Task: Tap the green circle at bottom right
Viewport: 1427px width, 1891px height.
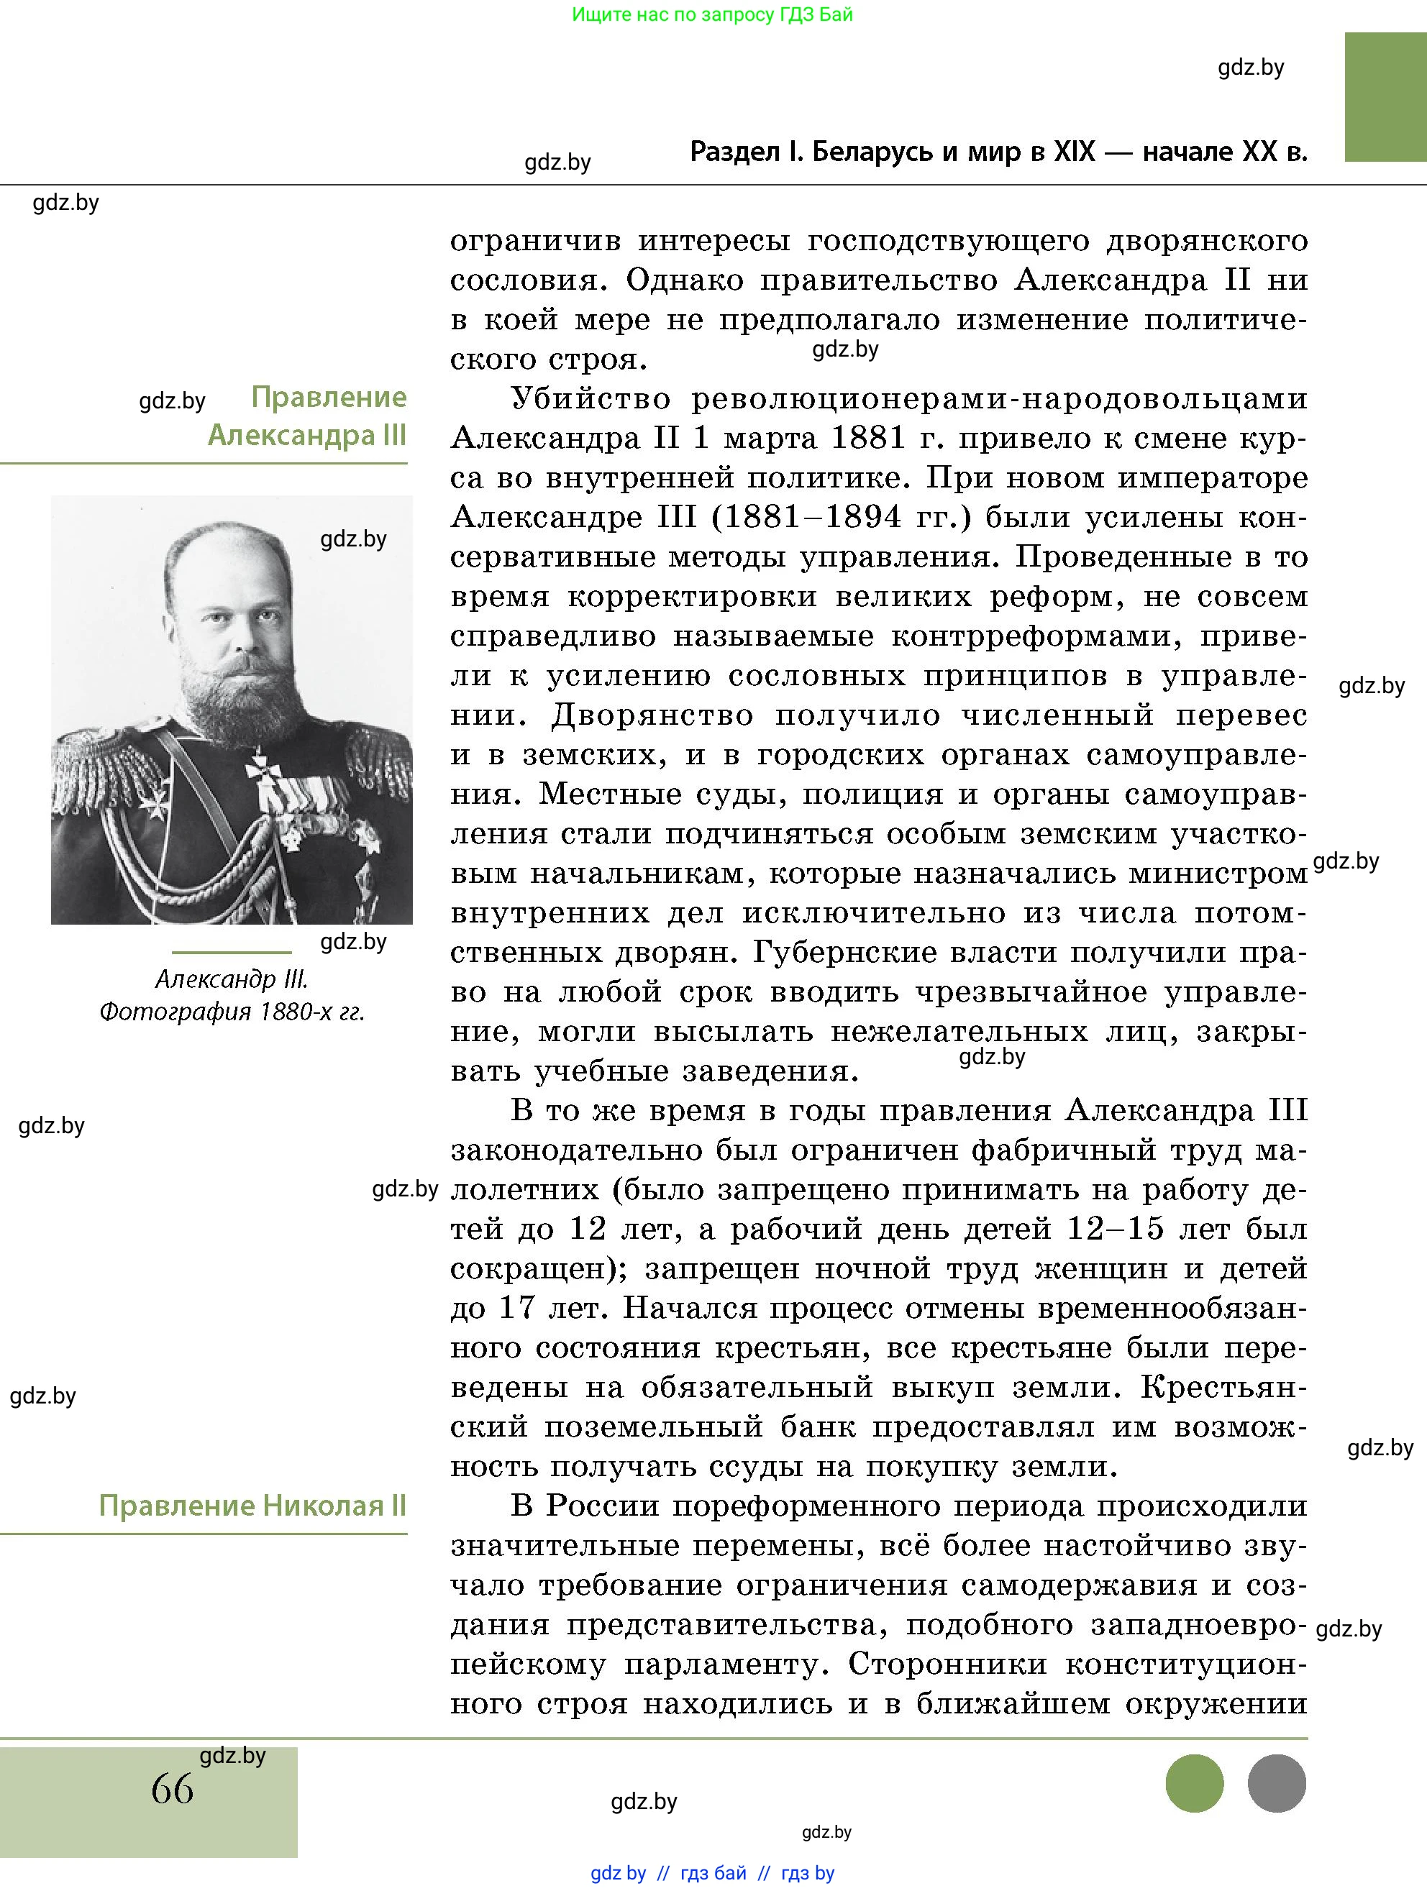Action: click(1195, 1783)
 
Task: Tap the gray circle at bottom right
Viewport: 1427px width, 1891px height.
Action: click(1277, 1783)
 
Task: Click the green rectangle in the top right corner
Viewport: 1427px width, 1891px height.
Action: click(1385, 96)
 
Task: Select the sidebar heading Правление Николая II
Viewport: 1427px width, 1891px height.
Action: click(252, 1506)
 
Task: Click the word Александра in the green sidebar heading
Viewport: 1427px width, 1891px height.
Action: click(291, 435)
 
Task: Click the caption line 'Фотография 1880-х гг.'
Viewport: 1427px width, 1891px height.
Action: click(232, 1012)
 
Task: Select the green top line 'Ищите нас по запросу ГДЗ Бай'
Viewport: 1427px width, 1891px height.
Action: click(711, 14)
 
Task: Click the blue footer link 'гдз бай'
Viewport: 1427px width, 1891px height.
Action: click(713, 1873)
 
